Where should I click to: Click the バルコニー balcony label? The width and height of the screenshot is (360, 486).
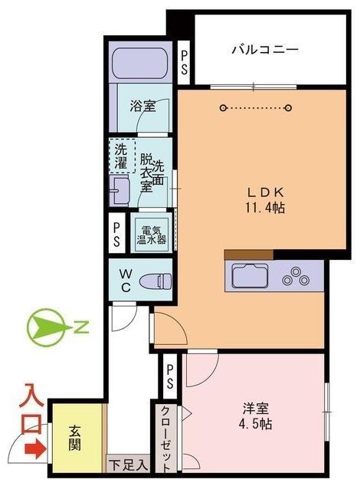[x=265, y=49]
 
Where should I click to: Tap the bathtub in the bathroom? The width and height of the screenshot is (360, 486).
[x=140, y=63]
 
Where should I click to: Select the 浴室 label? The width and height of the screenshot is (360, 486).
[x=142, y=107]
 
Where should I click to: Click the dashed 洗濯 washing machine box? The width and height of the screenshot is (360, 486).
[x=123, y=156]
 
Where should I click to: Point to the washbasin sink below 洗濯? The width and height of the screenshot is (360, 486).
[x=119, y=191]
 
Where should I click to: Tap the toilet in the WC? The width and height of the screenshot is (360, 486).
[x=155, y=281]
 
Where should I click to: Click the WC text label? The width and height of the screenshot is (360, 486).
[x=126, y=281]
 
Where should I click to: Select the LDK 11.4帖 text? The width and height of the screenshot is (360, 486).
[x=266, y=200]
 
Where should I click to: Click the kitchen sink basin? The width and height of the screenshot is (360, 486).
[x=250, y=276]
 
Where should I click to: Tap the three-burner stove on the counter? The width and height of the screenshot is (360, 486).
[x=296, y=277]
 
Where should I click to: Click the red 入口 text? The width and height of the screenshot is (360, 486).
[x=31, y=409]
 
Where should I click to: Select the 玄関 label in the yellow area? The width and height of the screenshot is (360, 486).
[x=74, y=438]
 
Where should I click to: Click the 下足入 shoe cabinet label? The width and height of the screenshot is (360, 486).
[x=128, y=465]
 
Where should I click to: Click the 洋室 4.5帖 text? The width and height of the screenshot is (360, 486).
[x=256, y=416]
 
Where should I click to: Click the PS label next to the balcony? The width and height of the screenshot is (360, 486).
[x=184, y=63]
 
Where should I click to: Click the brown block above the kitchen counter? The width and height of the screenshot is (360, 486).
[x=249, y=254]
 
